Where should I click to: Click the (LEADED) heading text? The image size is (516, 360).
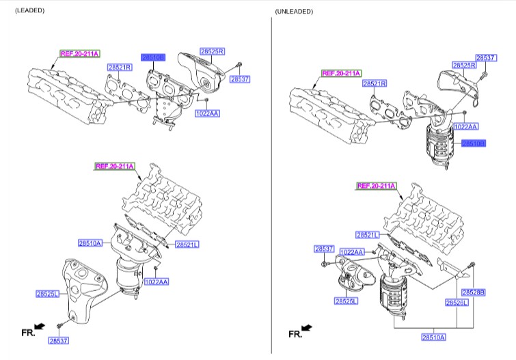point(30,11)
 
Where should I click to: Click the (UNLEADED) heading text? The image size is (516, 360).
point(294,12)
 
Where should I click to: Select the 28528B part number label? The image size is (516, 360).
point(473,292)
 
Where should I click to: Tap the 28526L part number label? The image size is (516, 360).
point(457,303)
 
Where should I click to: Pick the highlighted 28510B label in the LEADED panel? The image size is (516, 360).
point(152,58)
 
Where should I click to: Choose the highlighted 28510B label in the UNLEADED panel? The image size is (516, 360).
point(473,144)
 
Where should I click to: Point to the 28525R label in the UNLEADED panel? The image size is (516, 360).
point(463,66)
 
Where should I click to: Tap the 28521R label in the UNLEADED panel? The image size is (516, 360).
point(375,83)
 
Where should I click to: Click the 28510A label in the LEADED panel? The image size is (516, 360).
point(90,243)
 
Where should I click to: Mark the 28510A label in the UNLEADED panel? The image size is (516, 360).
point(433,337)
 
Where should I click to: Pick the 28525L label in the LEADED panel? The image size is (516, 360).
point(48,294)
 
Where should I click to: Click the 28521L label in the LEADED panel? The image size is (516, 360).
point(187,245)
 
